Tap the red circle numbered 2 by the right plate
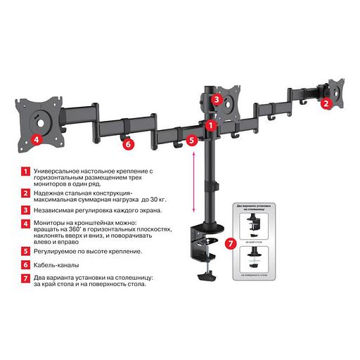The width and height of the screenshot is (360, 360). coord(326,103)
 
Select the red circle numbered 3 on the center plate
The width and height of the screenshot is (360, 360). coord(217,100)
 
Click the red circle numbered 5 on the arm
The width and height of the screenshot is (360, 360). coord(193,141)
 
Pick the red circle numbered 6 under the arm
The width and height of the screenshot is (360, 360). coord(127,145)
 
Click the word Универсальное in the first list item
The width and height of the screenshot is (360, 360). coord(60,171)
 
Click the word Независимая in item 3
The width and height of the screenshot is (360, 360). coord(53,210)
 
